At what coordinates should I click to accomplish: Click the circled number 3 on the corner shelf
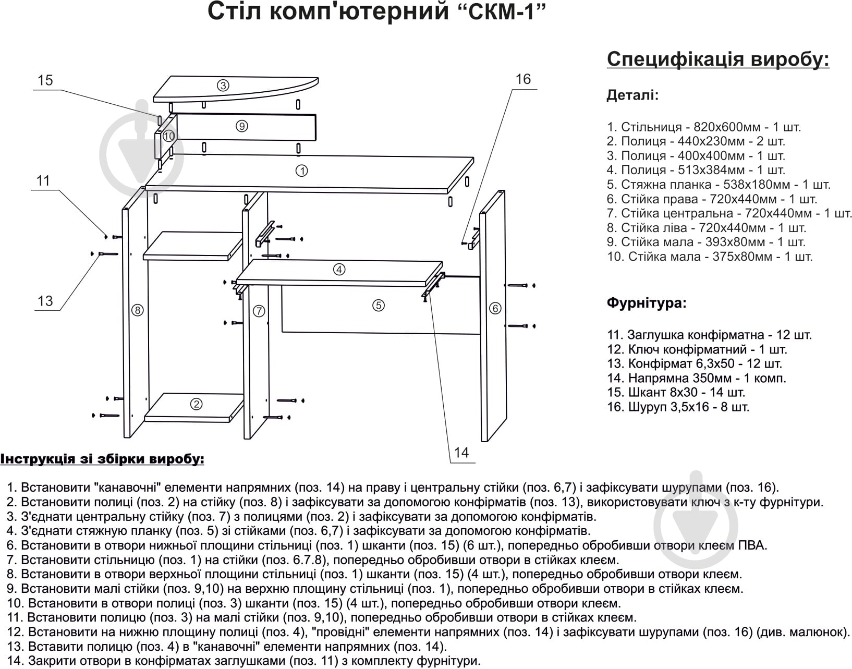[223, 86]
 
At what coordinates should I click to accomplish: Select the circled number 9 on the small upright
[241, 126]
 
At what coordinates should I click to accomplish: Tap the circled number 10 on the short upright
[168, 136]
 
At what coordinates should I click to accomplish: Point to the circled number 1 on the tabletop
[301, 171]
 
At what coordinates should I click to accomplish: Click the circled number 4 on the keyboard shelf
[339, 270]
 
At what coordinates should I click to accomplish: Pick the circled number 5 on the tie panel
[379, 306]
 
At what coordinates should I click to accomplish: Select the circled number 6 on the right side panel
[495, 308]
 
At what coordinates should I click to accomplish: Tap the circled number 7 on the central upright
[259, 311]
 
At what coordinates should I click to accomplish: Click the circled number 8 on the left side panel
[137, 310]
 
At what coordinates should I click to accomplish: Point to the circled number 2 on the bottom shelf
[196, 404]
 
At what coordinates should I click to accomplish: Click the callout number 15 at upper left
[45, 80]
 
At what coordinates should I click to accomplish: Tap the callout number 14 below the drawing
[461, 452]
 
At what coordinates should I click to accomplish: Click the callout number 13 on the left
[45, 301]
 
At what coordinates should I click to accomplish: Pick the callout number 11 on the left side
[43, 181]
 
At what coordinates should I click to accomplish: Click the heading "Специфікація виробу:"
[718, 59]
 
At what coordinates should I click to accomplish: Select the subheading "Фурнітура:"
[647, 303]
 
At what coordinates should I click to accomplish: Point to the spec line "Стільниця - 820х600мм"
[703, 127]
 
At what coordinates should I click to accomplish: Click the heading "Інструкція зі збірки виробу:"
[102, 459]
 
